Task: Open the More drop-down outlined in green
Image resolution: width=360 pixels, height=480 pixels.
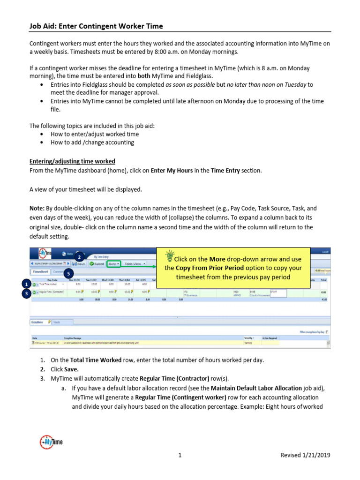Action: pyautogui.click(x=113, y=264)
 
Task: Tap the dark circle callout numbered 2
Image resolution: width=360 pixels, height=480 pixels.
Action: pyautogui.click(x=80, y=256)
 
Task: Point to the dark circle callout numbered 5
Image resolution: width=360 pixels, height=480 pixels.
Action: pyautogui.click(x=69, y=273)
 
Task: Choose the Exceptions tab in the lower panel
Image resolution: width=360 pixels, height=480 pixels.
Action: pyautogui.click(x=37, y=322)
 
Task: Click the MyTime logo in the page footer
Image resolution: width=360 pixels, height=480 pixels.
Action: pyautogui.click(x=51, y=442)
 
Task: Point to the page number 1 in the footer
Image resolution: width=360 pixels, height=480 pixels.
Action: pyautogui.click(x=180, y=455)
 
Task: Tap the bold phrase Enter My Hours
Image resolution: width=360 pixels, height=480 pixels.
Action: pyautogui.click(x=172, y=171)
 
